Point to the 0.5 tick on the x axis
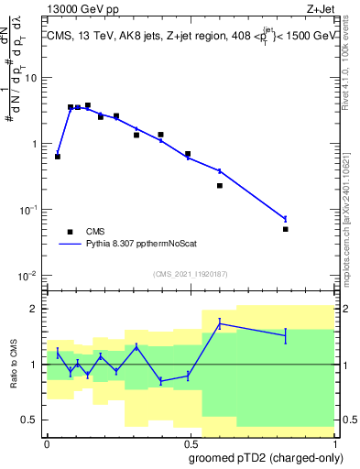189,442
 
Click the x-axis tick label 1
333,442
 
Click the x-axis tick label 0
47,442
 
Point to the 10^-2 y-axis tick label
28,276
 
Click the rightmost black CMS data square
286,229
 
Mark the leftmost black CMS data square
58,157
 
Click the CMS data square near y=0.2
220,186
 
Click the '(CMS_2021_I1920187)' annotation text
190,274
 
